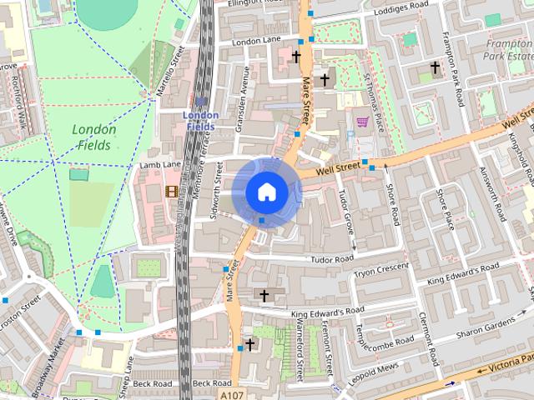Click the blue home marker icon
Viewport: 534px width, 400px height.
tap(266, 191)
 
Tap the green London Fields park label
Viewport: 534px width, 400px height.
tap(93, 137)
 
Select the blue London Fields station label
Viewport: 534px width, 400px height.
tap(200, 120)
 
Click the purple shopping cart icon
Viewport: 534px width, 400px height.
tap(362, 122)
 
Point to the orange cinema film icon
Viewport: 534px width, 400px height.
tap(172, 191)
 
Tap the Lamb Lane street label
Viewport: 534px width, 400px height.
tap(160, 165)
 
